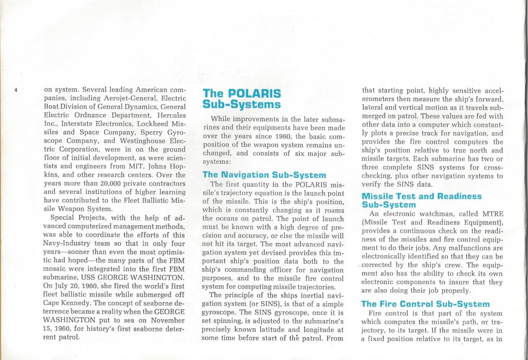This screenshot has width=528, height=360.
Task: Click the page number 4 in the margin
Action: coord(16,89)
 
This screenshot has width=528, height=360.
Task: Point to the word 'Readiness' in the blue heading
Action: coord(455,196)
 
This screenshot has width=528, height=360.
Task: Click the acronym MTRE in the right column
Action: coord(489,213)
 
